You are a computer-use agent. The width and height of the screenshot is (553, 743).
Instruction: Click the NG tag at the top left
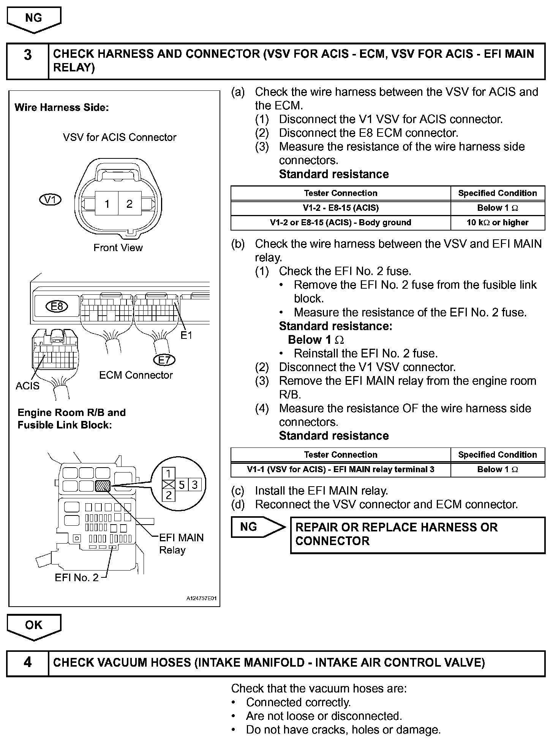point(33,19)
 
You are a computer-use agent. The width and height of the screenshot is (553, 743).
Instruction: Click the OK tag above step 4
point(33,625)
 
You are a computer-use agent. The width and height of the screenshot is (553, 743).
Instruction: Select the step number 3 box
point(28,55)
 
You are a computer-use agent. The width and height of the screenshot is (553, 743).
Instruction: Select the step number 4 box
point(28,662)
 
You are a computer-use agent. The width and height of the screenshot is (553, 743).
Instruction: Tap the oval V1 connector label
point(50,200)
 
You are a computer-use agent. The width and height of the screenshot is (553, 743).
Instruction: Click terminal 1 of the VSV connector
point(107,204)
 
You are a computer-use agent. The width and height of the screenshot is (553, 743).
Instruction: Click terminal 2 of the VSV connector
point(130,204)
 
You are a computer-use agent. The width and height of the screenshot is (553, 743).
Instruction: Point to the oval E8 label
point(57,306)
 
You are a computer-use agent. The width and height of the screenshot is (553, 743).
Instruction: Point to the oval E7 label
point(164,359)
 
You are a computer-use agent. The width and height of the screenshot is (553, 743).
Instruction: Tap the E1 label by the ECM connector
point(186,335)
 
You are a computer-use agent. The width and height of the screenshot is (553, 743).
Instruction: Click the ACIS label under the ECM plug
point(27,386)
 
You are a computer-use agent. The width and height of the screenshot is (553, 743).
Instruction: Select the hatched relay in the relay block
point(103,486)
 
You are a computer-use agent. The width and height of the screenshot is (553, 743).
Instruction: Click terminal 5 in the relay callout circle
point(182,485)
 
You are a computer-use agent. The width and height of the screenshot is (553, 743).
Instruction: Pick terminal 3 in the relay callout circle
point(194,485)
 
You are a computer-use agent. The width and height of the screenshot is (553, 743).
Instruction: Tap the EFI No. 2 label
point(76,577)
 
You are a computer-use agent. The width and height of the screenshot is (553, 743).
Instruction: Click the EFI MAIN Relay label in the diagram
point(181,544)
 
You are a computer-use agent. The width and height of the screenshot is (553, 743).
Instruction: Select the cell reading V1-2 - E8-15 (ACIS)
point(340,208)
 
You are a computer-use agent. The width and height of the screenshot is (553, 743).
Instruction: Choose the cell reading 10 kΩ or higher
point(498,223)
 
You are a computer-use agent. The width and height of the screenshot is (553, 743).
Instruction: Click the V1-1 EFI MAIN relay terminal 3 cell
point(340,470)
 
